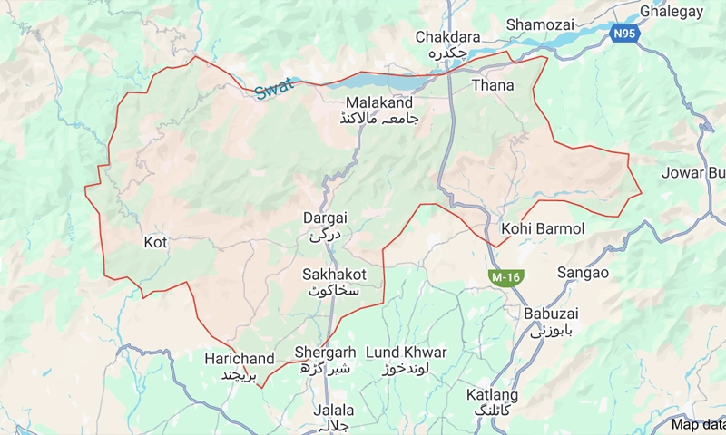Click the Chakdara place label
click(x=446, y=37)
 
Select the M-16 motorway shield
click(x=505, y=275)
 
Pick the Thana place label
click(x=493, y=85)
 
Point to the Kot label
click(x=155, y=242)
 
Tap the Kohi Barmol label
click(x=543, y=228)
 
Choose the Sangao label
click(x=583, y=272)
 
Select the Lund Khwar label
click(x=406, y=352)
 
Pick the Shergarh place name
click(x=325, y=352)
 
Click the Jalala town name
click(x=333, y=410)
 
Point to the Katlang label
click(x=492, y=395)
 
